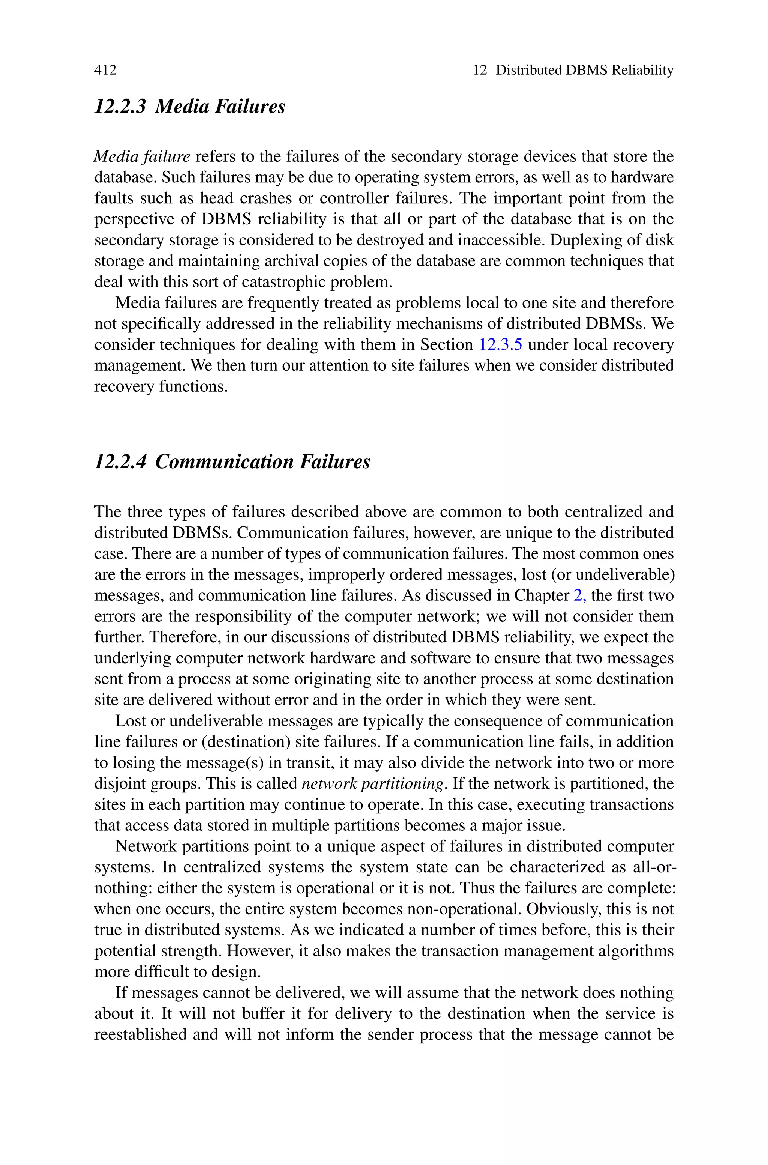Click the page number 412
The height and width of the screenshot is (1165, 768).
point(105,70)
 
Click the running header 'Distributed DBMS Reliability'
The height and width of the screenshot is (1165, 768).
point(584,70)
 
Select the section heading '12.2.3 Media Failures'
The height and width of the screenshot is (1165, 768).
point(189,106)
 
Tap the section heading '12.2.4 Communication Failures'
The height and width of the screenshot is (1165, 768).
point(232,461)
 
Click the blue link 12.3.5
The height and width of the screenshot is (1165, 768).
point(500,344)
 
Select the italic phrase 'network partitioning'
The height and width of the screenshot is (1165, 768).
point(372,783)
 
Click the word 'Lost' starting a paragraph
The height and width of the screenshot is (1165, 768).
point(129,721)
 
